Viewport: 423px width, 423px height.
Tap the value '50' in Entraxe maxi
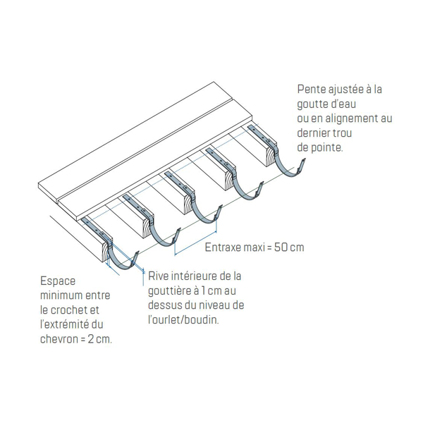point(281,247)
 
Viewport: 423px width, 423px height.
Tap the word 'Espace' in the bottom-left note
point(58,281)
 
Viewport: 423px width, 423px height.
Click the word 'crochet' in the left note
point(68,310)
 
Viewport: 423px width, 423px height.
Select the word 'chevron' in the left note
point(59,339)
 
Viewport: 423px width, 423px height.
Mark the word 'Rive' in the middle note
point(158,276)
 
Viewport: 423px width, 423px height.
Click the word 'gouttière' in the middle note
point(170,291)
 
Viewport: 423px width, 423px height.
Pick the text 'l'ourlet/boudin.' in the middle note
point(183,319)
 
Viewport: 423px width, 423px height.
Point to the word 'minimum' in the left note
point(59,295)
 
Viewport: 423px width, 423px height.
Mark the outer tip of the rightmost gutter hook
point(305,160)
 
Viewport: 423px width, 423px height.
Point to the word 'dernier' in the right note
point(313,133)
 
